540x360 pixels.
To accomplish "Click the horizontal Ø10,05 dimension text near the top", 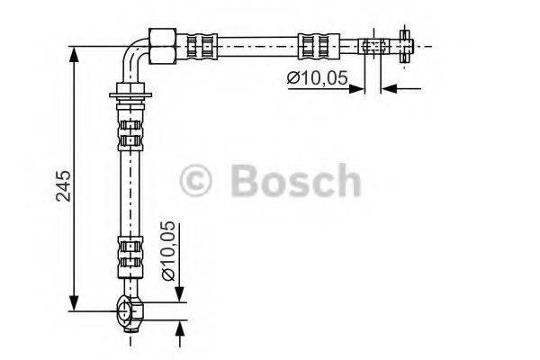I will pyautogui.click(x=318, y=78).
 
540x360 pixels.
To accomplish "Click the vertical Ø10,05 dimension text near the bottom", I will pyautogui.click(x=167, y=251).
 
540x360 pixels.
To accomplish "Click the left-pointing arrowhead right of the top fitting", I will pyautogui.click(x=388, y=87).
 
